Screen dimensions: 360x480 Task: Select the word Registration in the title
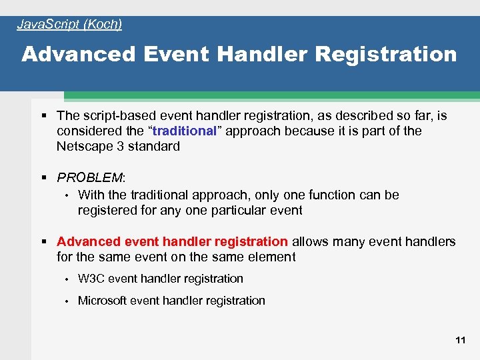click(x=386, y=55)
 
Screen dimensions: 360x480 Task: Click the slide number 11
click(x=460, y=340)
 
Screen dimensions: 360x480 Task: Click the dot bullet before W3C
click(x=67, y=279)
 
